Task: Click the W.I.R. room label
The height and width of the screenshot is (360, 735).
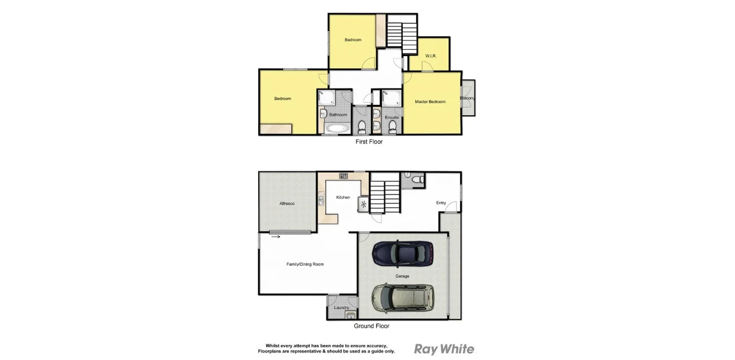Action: (x=431, y=56)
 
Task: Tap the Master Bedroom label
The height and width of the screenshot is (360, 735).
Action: (x=430, y=102)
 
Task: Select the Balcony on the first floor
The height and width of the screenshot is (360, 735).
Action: (x=468, y=98)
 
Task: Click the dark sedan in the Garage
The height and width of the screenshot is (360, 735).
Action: (x=403, y=252)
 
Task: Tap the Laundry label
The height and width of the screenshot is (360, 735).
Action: (x=341, y=307)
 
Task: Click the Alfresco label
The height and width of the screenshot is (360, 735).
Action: (x=287, y=203)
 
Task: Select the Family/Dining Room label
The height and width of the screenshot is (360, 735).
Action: (x=305, y=264)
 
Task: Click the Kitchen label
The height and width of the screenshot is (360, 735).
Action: (x=343, y=197)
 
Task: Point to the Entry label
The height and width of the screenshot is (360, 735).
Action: (x=441, y=203)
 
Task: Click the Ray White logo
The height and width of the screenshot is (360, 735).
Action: (x=444, y=349)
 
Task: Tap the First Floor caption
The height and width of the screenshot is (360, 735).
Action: (x=369, y=141)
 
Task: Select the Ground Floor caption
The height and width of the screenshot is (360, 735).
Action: (x=372, y=326)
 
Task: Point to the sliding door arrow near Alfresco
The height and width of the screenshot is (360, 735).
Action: (x=275, y=236)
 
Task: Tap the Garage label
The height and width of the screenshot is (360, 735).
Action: (x=402, y=276)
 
